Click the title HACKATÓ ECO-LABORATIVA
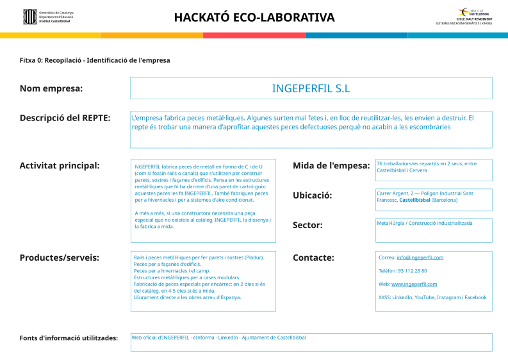pyautogui.click(x=254, y=17)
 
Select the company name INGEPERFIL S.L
pyautogui.click(x=311, y=88)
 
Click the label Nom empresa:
pyautogui.click(x=51, y=88)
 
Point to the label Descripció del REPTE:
pyautogui.click(x=65, y=118)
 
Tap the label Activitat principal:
pyautogui.click(x=60, y=166)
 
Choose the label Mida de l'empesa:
pyautogui.click(x=331, y=166)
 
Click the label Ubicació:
pyautogui.click(x=312, y=195)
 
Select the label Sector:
pyautogui.click(x=307, y=225)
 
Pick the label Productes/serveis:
pyautogui.click(x=59, y=258)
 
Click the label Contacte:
pyautogui.click(x=313, y=258)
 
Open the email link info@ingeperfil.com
pyautogui.click(x=420, y=258)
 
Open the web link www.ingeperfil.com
pyautogui.click(x=414, y=284)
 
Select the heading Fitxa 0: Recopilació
pyautogui.click(x=95, y=60)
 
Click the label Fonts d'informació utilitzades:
pyautogui.click(x=69, y=338)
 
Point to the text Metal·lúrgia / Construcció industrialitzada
pyautogui.click(x=424, y=223)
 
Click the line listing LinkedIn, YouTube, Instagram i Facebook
pyautogui.click(x=432, y=297)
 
